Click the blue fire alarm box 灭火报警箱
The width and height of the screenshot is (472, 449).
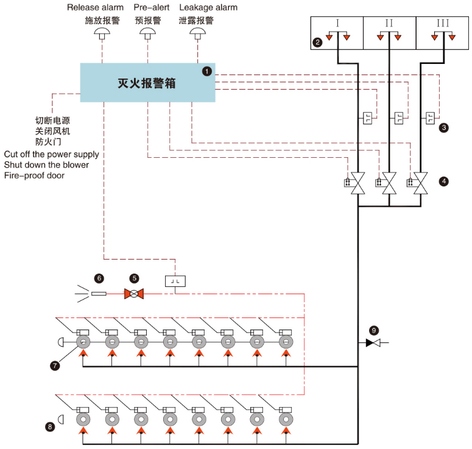(148, 83)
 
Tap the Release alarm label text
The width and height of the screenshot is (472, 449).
(95, 7)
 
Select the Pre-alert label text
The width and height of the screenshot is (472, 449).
(152, 7)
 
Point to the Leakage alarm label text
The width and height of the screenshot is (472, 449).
(208, 7)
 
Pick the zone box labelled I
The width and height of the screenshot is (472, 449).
(337, 33)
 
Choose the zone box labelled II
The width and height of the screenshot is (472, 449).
(389, 33)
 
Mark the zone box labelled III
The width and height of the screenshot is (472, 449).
(443, 33)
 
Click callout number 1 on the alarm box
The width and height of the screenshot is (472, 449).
(207, 71)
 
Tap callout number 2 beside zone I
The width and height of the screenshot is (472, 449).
(317, 42)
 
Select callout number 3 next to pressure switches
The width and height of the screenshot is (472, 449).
(444, 127)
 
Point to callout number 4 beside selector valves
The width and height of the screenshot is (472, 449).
(444, 181)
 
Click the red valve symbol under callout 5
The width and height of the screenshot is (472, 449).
(133, 294)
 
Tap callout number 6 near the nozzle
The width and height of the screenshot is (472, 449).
(99, 278)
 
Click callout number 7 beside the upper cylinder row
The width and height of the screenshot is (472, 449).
(55, 366)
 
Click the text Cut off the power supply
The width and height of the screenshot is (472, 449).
(52, 154)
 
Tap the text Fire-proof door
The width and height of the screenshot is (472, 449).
(34, 175)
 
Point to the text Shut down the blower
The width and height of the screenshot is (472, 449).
(46, 165)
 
